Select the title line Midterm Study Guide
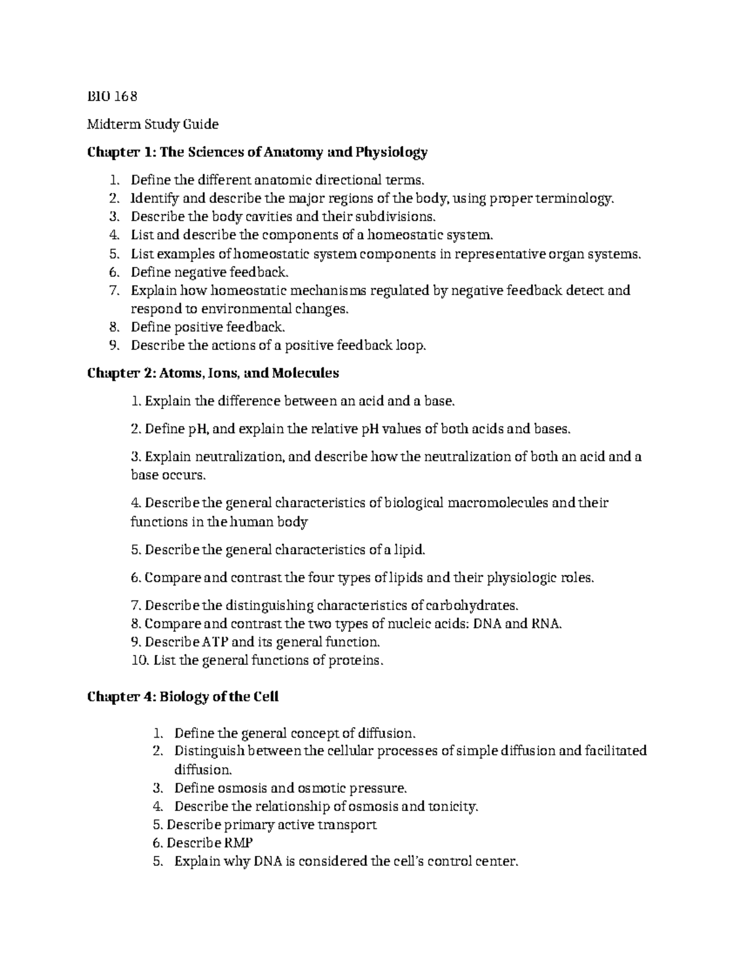[152, 124]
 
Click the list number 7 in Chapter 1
[112, 290]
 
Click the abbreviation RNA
[546, 623]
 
